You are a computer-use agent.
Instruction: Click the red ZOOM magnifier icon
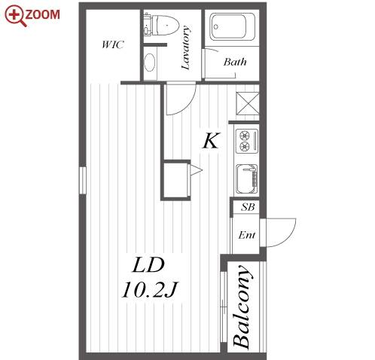coord(16,16)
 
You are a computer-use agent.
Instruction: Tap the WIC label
coord(113,44)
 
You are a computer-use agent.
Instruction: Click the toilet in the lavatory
coord(162,25)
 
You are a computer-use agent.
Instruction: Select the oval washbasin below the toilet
coord(150,63)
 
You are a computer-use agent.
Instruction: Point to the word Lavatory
coord(186,47)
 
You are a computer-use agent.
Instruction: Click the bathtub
coord(232,27)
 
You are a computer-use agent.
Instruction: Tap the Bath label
coord(235,62)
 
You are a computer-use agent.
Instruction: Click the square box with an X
coord(248,103)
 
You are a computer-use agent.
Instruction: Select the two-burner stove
coord(247,141)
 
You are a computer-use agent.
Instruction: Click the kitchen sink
coord(247,178)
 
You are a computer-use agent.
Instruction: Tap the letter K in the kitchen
coord(212,141)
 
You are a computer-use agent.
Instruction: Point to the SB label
coord(248,207)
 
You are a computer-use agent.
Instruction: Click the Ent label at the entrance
coord(247,235)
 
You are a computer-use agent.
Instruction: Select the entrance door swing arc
coord(288,236)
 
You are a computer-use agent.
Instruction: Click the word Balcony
coord(242,307)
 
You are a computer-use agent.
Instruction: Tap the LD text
coord(148,265)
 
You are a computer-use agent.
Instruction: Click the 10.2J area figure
coord(150,290)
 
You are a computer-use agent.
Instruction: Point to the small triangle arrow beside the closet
coord(196,170)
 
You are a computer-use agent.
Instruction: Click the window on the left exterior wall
coord(83,180)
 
